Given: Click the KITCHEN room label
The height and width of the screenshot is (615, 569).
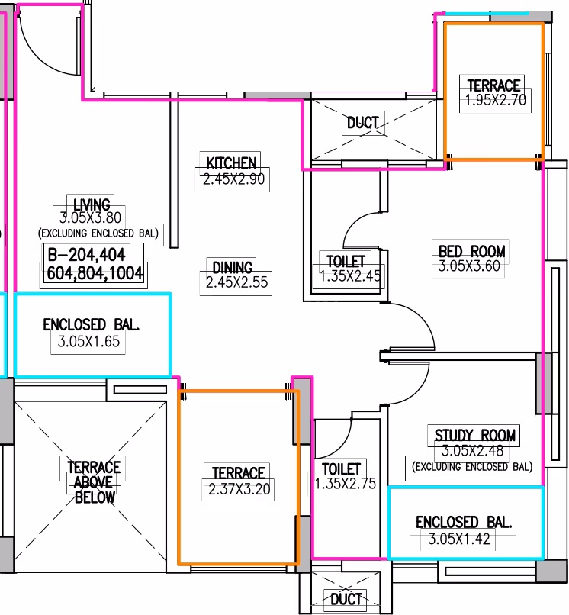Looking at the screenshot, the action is [x=231, y=163].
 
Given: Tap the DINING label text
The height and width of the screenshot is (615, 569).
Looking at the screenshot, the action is [x=233, y=268].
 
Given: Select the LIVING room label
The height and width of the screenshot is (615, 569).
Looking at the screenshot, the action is [x=92, y=204].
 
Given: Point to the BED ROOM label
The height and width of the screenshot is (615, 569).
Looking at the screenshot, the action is [x=471, y=251].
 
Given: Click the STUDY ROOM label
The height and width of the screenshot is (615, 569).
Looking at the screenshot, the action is [x=475, y=436].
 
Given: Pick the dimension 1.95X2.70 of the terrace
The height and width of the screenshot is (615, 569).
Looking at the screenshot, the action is [x=496, y=100].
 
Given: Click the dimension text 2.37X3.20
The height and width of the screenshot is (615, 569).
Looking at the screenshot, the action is [x=239, y=489].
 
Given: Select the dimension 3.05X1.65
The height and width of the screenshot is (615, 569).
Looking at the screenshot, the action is [x=88, y=342].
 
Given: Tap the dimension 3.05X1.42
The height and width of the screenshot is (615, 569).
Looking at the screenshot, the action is [x=459, y=539].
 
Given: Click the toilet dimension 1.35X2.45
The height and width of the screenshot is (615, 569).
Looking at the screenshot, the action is [x=350, y=276].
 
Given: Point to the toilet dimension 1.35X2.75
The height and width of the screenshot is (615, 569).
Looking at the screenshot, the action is [x=346, y=484].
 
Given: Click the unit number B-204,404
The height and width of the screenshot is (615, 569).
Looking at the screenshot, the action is [x=86, y=255].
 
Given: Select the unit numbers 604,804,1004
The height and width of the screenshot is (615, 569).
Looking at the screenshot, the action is [x=95, y=273].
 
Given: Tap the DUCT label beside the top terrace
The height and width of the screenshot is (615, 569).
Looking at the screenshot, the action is [x=363, y=123].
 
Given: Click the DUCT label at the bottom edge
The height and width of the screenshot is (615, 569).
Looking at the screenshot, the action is [x=346, y=599].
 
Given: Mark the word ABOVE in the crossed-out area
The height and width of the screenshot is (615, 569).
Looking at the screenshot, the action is [x=93, y=482].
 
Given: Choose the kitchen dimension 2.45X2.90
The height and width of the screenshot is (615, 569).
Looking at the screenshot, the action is [x=233, y=179].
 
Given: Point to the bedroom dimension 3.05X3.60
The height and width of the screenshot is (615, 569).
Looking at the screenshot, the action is [x=469, y=266].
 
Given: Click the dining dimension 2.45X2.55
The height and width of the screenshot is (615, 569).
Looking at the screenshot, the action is [x=237, y=282].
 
